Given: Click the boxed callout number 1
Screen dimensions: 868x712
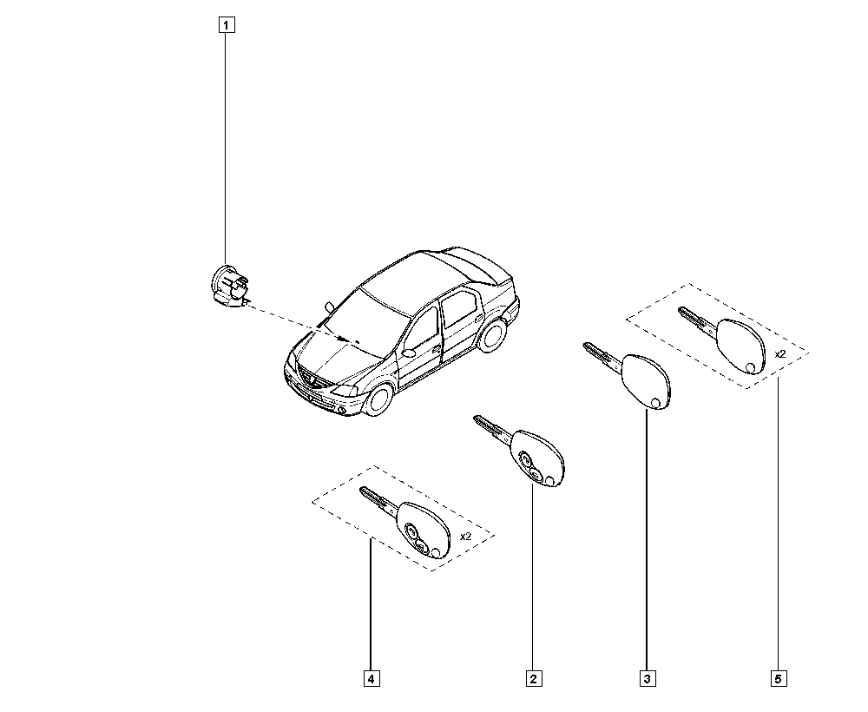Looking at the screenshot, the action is click(226, 25).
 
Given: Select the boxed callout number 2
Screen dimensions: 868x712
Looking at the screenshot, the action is click(534, 679).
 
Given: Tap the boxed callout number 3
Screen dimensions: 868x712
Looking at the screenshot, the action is click(648, 679).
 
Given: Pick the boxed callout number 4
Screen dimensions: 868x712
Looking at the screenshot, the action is click(372, 679).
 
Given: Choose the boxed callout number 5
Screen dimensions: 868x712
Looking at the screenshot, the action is click(779, 679).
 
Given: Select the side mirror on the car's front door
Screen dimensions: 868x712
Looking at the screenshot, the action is click(409, 353).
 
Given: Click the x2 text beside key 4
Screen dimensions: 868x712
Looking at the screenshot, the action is click(465, 537).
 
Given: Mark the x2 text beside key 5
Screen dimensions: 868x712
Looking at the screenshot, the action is click(780, 353).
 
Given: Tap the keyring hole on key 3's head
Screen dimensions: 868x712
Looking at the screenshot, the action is click(656, 403).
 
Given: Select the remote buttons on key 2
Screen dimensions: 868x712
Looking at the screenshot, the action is click(531, 465).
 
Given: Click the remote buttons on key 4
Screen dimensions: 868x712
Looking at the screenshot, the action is click(417, 538).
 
